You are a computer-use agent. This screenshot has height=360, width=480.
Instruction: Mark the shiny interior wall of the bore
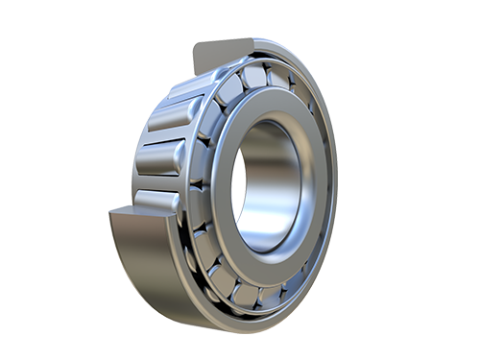click(x=288, y=182)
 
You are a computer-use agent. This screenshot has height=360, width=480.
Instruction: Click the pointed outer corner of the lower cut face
click(x=111, y=212)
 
